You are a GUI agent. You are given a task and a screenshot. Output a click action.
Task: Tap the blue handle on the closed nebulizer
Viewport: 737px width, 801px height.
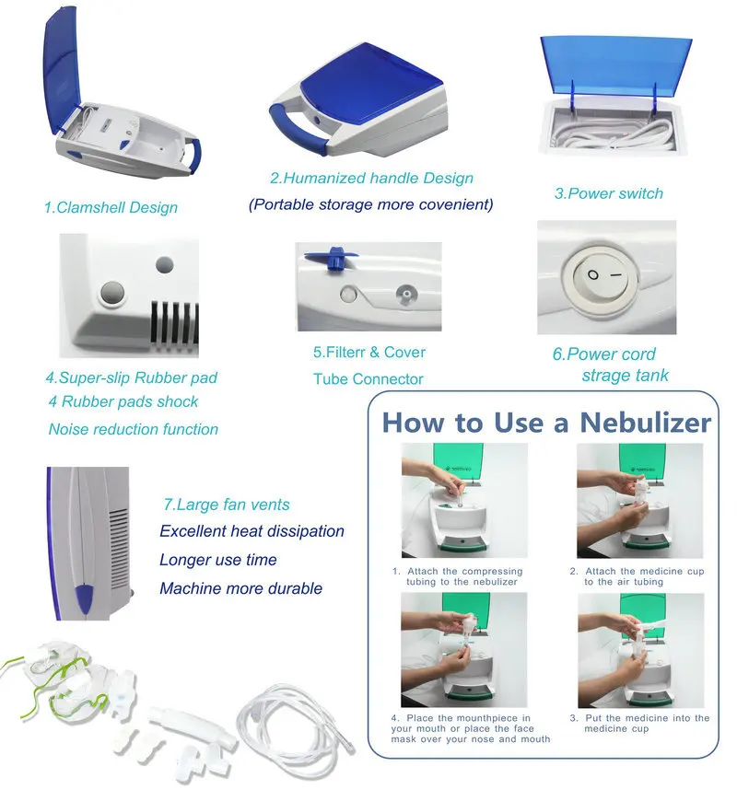(296, 128)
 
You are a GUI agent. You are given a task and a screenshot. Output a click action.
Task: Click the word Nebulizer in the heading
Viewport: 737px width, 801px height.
(645, 423)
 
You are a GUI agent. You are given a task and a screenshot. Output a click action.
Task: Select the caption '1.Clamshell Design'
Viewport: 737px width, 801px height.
(111, 207)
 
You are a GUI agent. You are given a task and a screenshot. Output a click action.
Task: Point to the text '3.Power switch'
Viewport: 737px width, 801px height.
(609, 193)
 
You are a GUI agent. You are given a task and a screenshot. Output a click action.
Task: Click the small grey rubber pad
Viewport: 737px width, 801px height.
(165, 264)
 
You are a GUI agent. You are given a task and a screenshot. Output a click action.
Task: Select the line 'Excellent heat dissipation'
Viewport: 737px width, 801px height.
(252, 531)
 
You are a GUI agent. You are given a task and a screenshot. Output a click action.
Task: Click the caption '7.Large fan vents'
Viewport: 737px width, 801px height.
(227, 505)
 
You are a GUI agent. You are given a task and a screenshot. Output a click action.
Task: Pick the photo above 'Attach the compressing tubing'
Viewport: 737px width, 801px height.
(464, 500)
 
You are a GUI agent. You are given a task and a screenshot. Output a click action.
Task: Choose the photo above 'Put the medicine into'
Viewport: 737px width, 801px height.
(641, 650)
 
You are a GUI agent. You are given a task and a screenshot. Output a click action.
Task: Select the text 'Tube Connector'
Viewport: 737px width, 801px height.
(368, 379)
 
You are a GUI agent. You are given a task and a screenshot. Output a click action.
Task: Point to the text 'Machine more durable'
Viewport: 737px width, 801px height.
(241, 588)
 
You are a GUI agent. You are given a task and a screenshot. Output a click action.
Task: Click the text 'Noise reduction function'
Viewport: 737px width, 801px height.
(134, 429)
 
